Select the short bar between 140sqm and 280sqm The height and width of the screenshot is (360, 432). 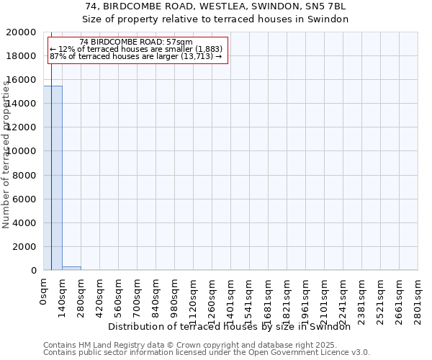pyautogui.click(x=71, y=268)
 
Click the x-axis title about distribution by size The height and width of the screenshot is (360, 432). pyautogui.click(x=234, y=327)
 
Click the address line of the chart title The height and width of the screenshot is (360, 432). pyautogui.click(x=215, y=6)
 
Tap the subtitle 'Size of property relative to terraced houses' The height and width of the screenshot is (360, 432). pyautogui.click(x=215, y=19)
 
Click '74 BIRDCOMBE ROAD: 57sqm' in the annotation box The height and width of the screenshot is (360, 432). pyautogui.click(x=136, y=42)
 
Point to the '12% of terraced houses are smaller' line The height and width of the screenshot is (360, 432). pyautogui.click(x=136, y=50)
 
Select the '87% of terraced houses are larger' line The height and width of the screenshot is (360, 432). pyautogui.click(x=136, y=57)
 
